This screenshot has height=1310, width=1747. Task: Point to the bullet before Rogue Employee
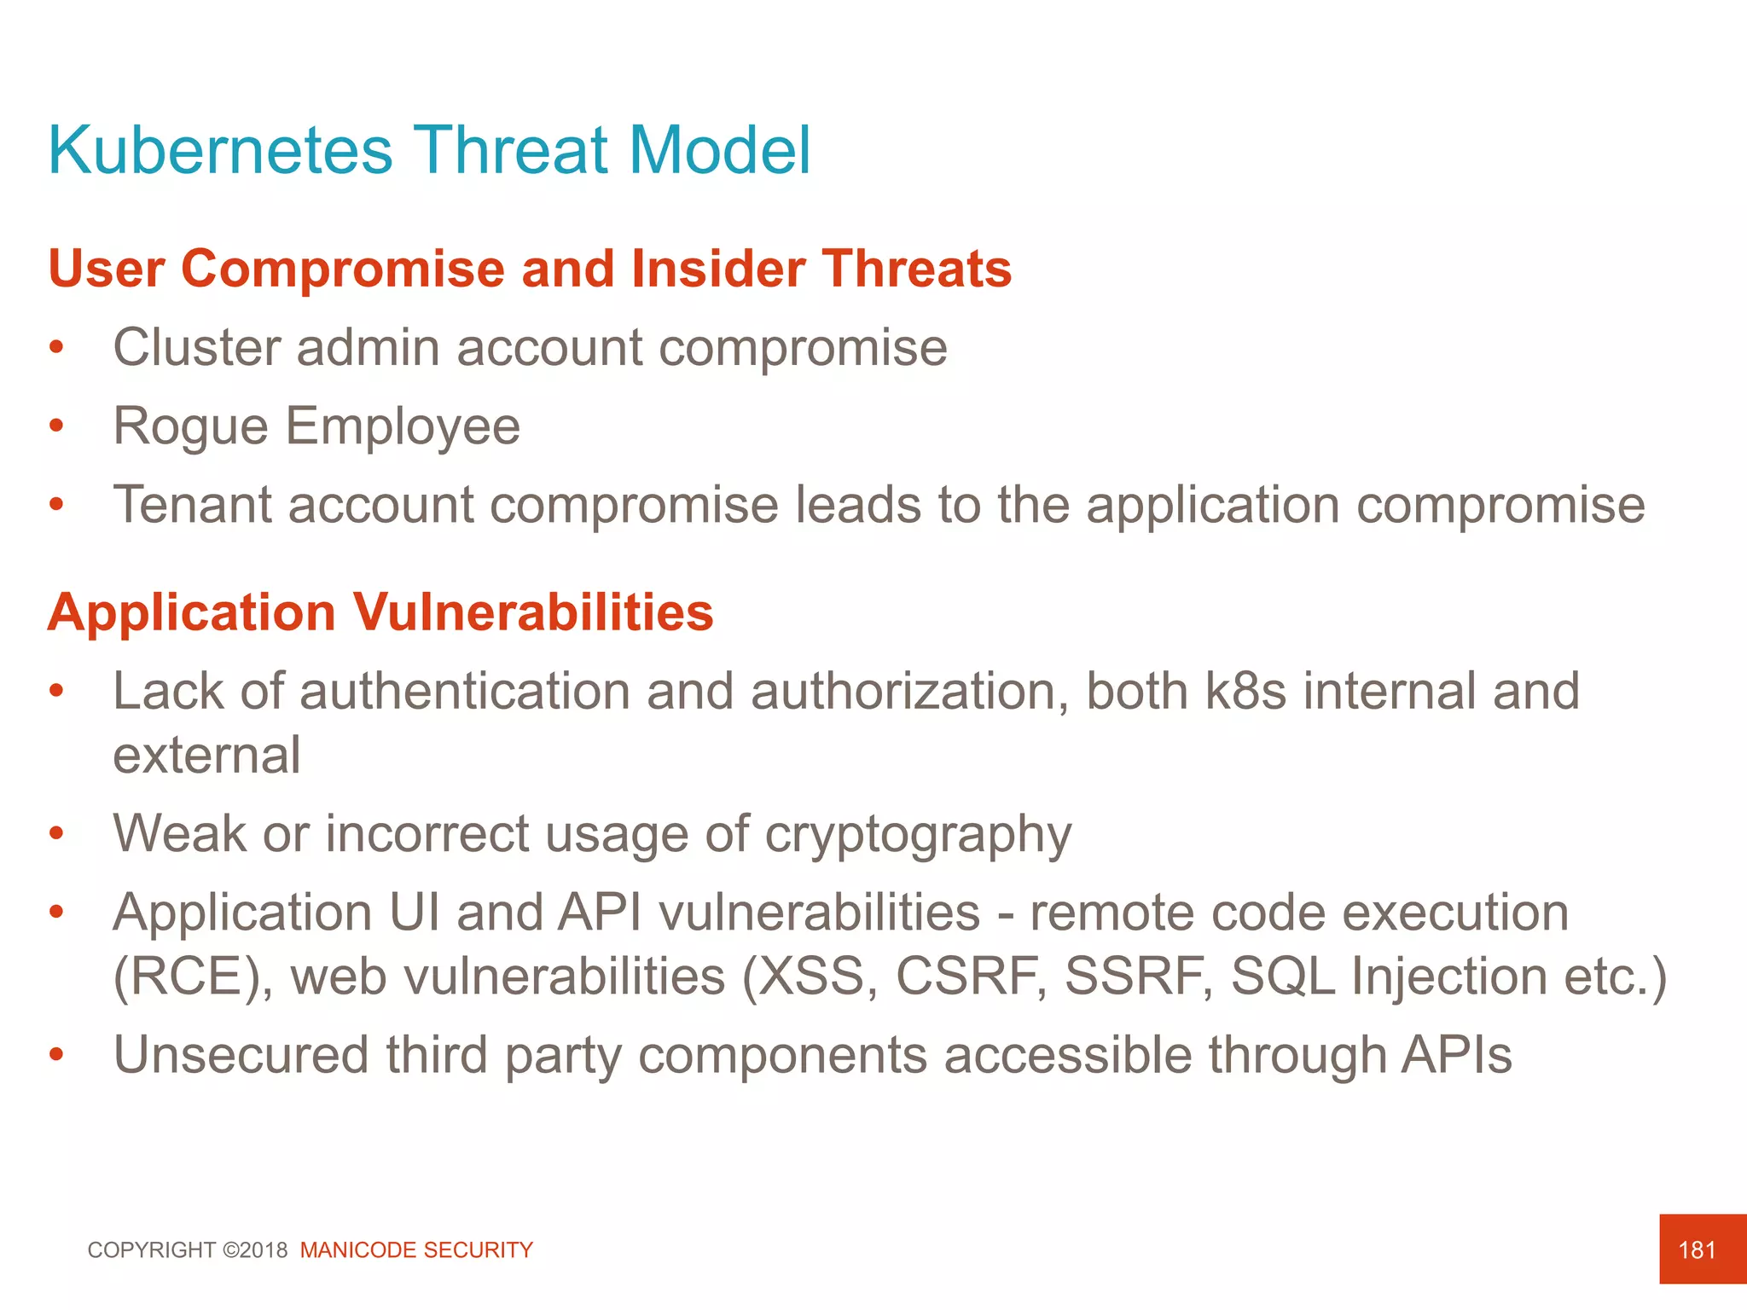(56, 426)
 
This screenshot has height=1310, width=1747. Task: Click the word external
(206, 756)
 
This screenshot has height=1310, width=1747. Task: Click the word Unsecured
(241, 1055)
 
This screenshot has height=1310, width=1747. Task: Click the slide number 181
(1696, 1250)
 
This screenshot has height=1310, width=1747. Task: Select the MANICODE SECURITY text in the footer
(416, 1250)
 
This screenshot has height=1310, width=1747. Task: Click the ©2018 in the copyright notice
(255, 1250)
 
